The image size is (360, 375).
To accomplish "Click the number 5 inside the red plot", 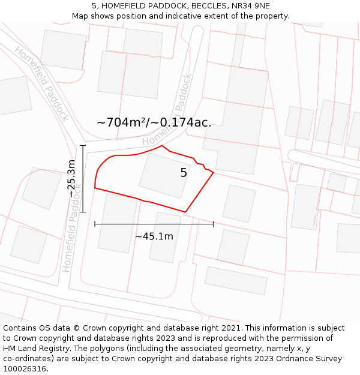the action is coord(184,173).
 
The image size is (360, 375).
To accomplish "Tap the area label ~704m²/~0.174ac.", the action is coord(154,122).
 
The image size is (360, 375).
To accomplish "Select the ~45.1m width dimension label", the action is coord(154,236).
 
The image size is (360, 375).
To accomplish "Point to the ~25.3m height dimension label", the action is coord(72,178).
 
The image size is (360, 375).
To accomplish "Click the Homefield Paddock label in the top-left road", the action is coord(42,83).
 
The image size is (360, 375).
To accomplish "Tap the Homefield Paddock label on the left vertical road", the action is coord(70,227).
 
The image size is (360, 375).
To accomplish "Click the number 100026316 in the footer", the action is coord(25,369).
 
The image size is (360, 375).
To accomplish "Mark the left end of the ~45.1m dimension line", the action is coord(95,224).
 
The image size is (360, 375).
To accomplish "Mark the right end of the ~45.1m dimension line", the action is coord(213,224).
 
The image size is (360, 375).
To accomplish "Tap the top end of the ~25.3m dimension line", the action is coord(83,145).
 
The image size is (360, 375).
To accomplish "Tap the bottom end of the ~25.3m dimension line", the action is coord(83,212).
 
